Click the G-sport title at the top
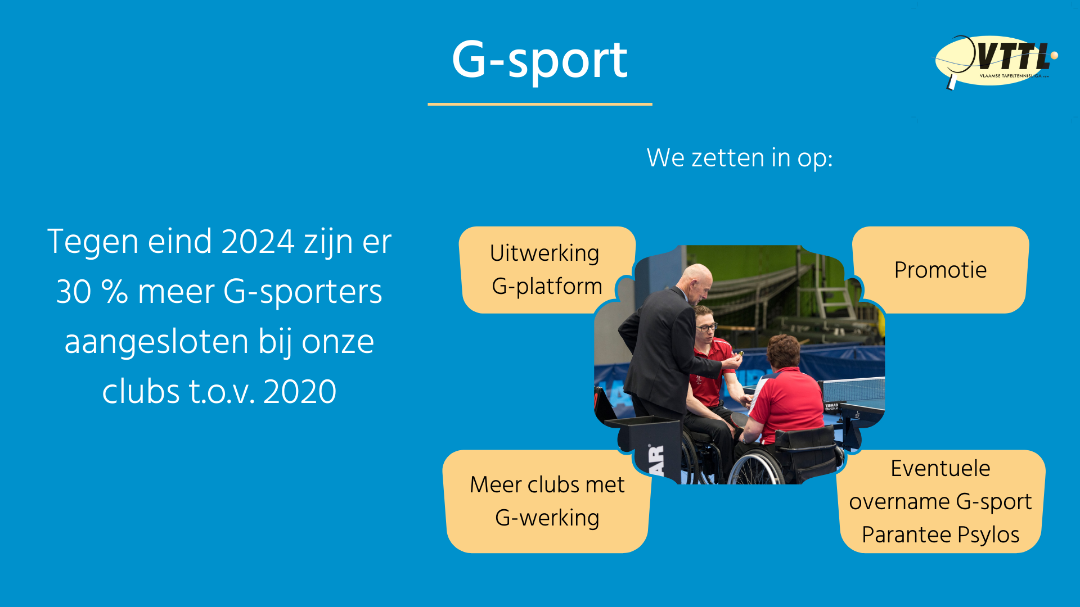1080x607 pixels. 539,61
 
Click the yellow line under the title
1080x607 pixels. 540,104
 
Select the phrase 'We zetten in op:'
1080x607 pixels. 740,158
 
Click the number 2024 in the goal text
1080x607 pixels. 258,242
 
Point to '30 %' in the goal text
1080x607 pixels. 92,292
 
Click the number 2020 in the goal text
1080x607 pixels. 300,392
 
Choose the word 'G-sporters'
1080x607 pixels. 303,292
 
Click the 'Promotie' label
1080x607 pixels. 940,270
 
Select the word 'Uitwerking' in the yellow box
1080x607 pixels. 544,253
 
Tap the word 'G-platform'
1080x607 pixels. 547,287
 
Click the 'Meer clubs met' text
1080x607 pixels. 547,484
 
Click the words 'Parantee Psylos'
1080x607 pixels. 940,535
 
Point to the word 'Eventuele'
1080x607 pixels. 940,468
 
